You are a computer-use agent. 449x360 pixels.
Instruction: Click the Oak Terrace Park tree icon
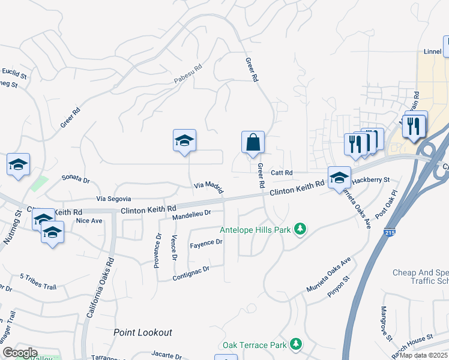pos(295,344)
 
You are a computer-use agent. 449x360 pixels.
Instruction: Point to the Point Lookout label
pos(143,332)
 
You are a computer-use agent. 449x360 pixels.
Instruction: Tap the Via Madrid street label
pos(209,188)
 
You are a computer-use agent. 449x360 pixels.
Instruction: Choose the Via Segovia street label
pos(113,199)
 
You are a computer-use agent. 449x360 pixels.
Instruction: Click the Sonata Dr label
pos(76,179)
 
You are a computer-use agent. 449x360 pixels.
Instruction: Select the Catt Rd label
pos(281,173)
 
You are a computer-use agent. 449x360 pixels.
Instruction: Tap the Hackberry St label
pos(371,179)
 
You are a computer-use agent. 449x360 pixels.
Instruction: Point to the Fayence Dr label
pos(206,243)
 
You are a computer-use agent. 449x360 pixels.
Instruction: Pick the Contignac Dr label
pos(190,270)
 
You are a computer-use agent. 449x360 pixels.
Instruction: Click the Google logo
pos(20,352)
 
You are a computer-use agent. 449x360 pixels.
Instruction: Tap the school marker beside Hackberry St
pos(339,178)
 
